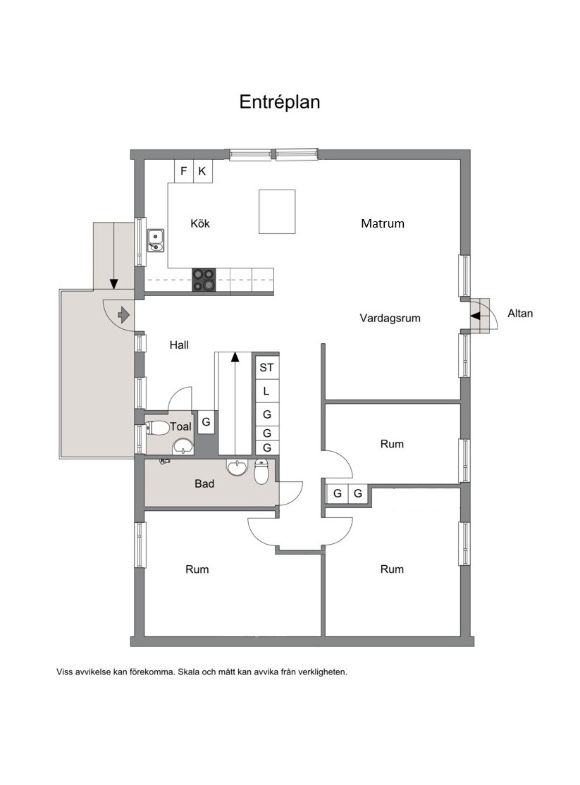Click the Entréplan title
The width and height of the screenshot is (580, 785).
pyautogui.click(x=280, y=102)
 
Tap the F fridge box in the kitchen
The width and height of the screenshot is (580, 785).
pyautogui.click(x=184, y=171)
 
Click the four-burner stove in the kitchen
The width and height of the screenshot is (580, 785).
pyautogui.click(x=204, y=280)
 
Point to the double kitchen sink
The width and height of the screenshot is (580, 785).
pyautogui.click(x=156, y=240)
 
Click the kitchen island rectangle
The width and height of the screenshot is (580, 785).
pyautogui.click(x=277, y=211)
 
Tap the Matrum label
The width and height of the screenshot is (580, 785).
pyautogui.click(x=383, y=223)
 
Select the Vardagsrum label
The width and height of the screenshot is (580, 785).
pyautogui.click(x=390, y=318)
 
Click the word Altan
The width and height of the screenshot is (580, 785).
pyautogui.click(x=520, y=314)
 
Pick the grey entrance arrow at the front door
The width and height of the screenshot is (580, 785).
pyautogui.click(x=123, y=315)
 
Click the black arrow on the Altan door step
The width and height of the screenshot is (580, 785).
pyautogui.click(x=475, y=316)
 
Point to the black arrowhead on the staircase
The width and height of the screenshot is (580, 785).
pyautogui.click(x=234, y=357)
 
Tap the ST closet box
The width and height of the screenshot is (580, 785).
pyautogui.click(x=266, y=367)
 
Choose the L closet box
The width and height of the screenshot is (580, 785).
pyautogui.click(x=266, y=391)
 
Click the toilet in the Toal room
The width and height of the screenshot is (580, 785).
pyautogui.click(x=156, y=428)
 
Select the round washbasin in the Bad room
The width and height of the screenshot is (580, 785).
pyautogui.click(x=236, y=467)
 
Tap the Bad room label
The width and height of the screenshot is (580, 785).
pyautogui.click(x=204, y=483)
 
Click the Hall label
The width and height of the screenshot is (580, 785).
pyautogui.click(x=179, y=345)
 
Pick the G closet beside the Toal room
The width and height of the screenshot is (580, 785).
pyautogui.click(x=206, y=422)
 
